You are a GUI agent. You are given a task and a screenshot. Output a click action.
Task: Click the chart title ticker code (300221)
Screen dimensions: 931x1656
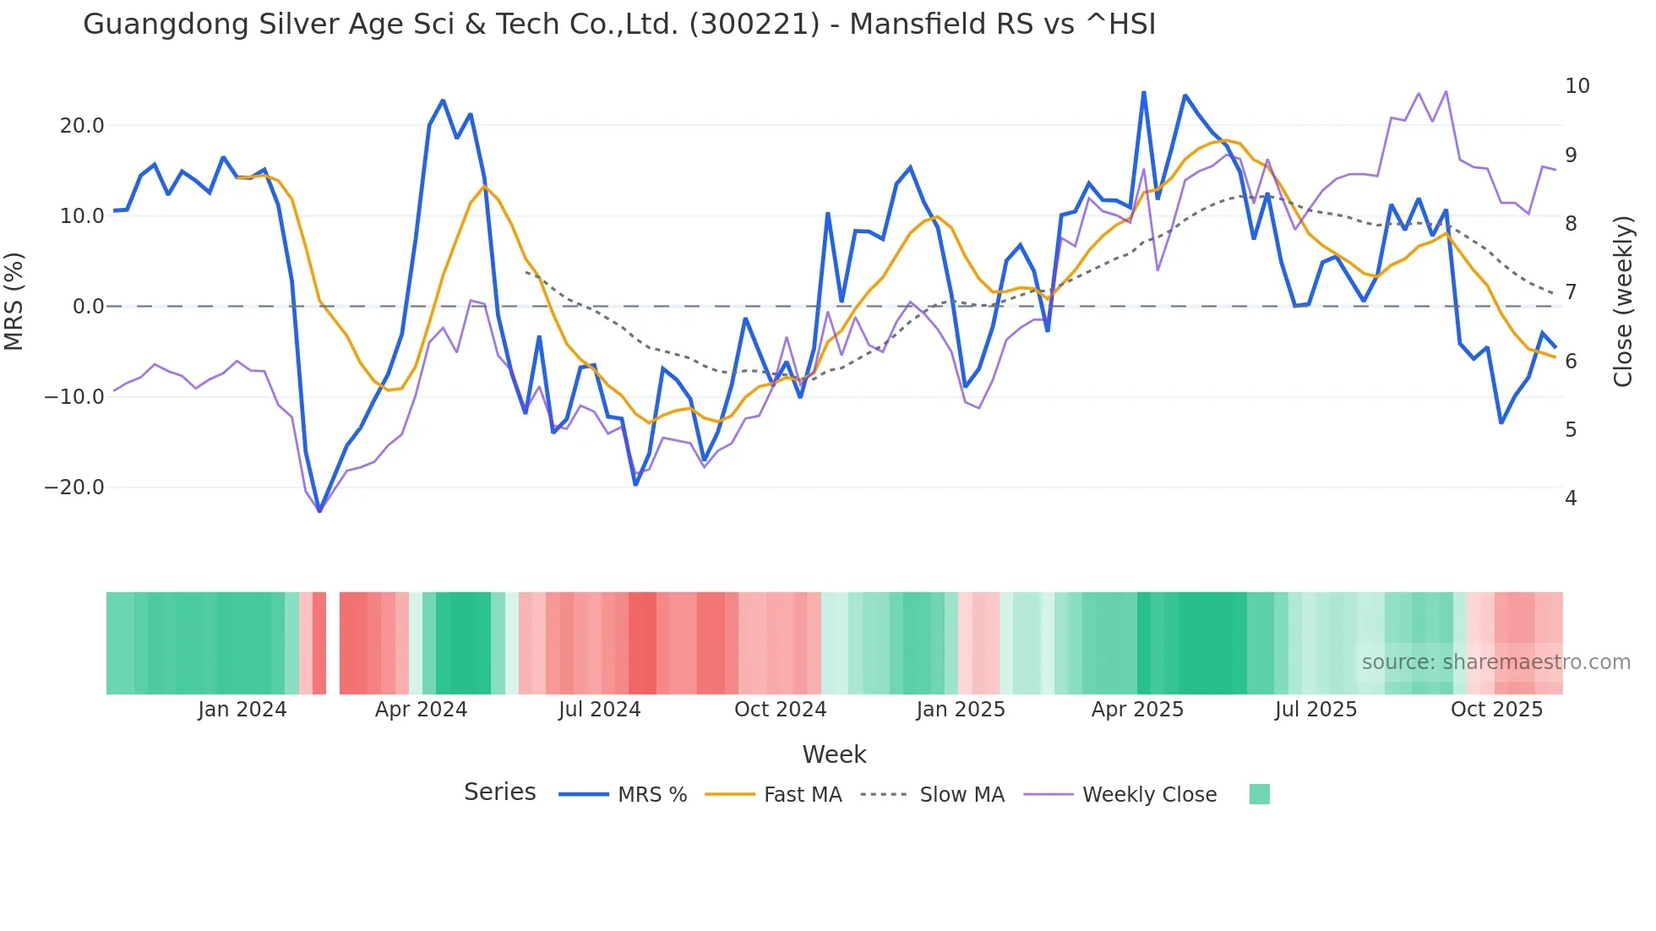pyautogui.click(x=754, y=24)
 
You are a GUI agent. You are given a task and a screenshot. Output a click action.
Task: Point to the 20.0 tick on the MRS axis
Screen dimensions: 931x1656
pyautogui.click(x=82, y=126)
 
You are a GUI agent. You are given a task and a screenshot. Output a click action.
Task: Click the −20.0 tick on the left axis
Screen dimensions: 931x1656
pyautogui.click(x=74, y=487)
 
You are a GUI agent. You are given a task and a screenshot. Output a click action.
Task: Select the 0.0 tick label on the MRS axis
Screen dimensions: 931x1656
pyautogui.click(x=89, y=307)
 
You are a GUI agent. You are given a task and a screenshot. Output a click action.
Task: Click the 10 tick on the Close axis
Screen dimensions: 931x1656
pyautogui.click(x=1577, y=86)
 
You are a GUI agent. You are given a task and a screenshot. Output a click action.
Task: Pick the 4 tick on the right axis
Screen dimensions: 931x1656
pyautogui.click(x=1571, y=498)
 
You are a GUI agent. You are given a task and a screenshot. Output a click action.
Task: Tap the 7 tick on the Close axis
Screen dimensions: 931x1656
pyautogui.click(x=1571, y=292)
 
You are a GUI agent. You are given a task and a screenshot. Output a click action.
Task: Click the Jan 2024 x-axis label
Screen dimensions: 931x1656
pyautogui.click(x=242, y=710)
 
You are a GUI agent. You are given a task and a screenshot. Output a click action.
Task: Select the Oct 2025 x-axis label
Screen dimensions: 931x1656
pyautogui.click(x=1496, y=710)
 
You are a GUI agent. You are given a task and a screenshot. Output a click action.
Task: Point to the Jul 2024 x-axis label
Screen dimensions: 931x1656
pyautogui.click(x=599, y=710)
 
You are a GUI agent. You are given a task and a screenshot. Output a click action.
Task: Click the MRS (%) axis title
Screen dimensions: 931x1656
pyautogui.click(x=14, y=302)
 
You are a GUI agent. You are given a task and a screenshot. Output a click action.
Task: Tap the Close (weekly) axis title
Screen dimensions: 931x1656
pyautogui.click(x=1623, y=302)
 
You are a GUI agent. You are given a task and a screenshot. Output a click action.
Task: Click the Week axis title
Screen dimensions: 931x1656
pyautogui.click(x=834, y=754)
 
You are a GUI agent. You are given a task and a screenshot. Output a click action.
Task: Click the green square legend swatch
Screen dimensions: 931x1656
pyautogui.click(x=1259, y=794)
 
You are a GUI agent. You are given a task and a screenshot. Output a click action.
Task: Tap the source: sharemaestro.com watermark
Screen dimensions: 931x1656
pyautogui.click(x=1495, y=662)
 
